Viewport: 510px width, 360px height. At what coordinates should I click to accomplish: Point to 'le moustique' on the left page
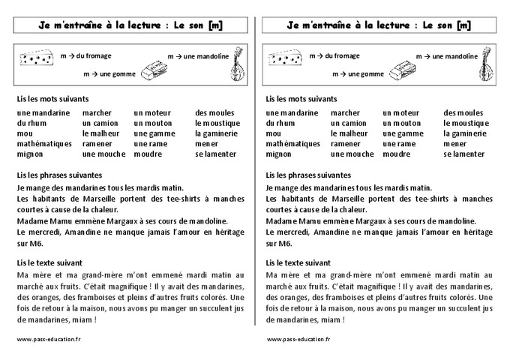217,123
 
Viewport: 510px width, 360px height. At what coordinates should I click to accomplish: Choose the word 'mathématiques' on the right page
292,143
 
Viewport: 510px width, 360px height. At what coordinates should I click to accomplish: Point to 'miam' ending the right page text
331,320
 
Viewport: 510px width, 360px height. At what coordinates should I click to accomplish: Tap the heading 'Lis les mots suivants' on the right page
301,99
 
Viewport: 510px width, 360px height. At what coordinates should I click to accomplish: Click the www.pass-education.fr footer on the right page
298,339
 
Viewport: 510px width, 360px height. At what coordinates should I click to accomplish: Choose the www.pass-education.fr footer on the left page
49,339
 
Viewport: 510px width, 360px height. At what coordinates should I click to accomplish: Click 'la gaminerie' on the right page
464,133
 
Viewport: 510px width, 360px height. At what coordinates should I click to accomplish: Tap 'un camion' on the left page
100,123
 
